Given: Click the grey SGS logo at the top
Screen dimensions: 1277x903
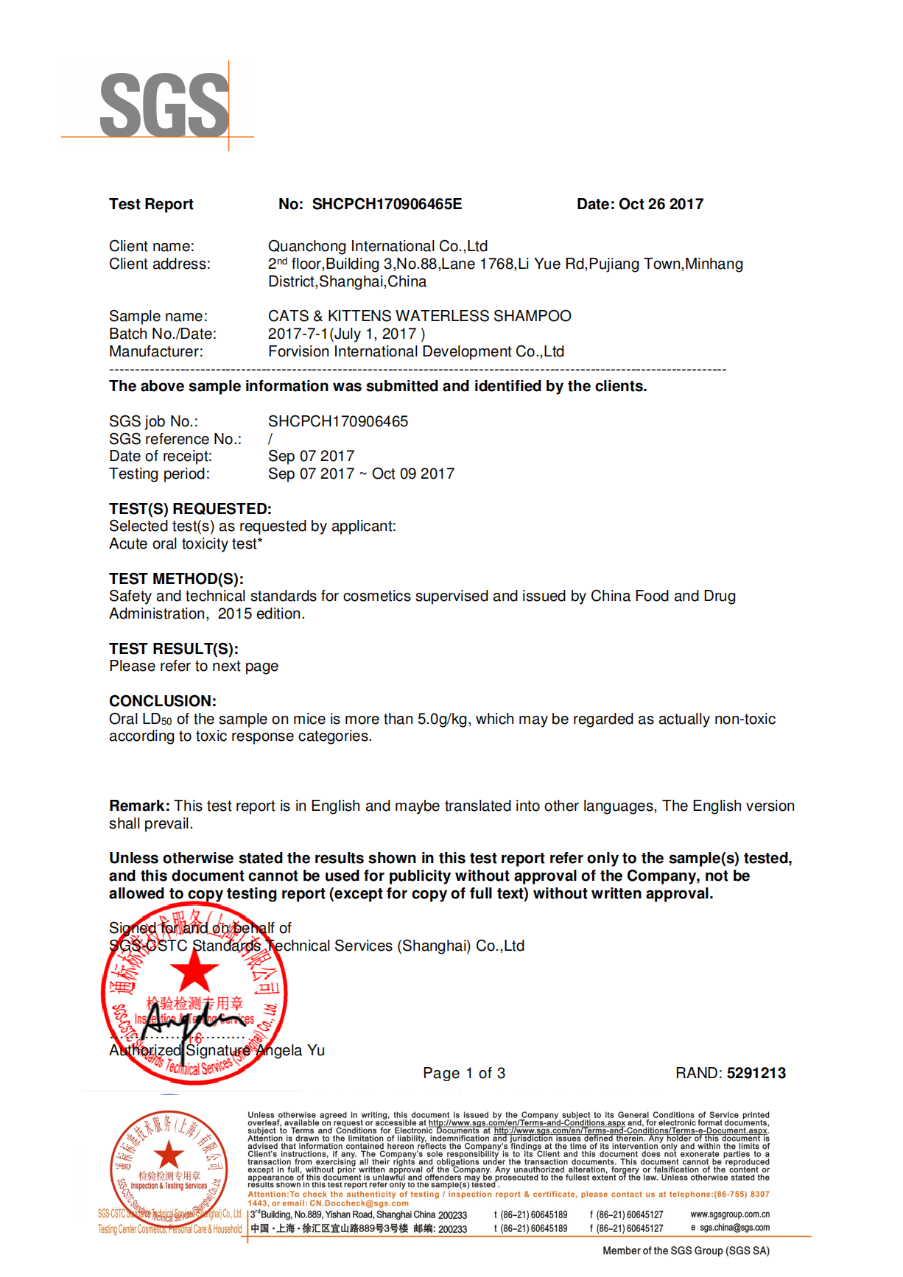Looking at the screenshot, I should tap(164, 105).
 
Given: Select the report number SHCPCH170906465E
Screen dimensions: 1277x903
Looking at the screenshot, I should tap(387, 204).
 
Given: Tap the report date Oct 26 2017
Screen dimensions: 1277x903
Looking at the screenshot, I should tap(661, 204).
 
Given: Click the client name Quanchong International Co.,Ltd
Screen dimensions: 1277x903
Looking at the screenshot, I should tap(377, 246).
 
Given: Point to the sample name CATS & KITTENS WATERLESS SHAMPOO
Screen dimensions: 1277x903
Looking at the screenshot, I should tap(419, 316).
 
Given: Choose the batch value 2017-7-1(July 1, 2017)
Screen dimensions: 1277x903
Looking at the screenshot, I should tap(346, 334).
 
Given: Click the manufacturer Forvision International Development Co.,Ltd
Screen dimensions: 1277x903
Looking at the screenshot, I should tap(415, 351).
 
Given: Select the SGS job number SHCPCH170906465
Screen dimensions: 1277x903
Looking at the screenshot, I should tap(337, 421).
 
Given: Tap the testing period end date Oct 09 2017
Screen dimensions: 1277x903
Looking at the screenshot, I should tap(412, 474).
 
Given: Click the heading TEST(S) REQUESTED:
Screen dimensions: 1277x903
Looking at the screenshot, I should tap(190, 509).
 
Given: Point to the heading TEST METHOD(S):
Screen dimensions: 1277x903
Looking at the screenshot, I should tap(176, 579).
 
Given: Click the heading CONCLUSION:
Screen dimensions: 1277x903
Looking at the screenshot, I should tap(163, 701).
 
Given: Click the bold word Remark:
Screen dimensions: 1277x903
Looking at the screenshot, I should tap(139, 806).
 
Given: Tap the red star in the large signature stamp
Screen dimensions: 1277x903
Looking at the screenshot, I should tap(194, 971).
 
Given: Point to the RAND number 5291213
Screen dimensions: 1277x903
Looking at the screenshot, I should tap(756, 1073).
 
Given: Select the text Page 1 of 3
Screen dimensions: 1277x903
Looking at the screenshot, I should tap(464, 1073).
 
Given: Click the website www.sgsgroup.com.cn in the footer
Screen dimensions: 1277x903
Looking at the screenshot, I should tap(729, 1214).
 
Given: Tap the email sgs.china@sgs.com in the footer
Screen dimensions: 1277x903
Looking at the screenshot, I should tap(734, 1228).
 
